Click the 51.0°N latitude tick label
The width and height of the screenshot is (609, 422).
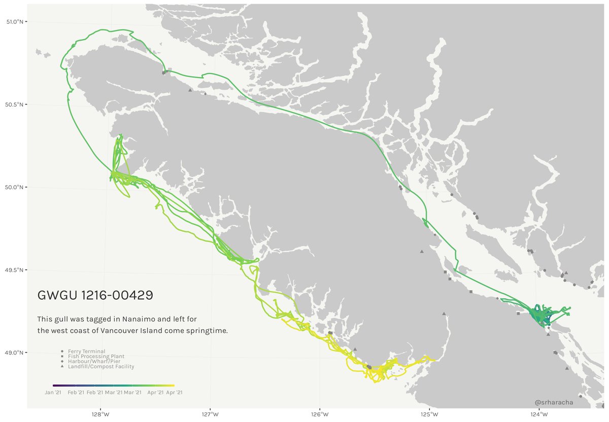pos(14,22)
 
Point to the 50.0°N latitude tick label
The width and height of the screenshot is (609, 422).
pos(14,187)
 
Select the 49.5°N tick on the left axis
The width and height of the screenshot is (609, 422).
pos(14,270)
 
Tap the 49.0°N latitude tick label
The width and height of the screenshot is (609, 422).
pos(14,353)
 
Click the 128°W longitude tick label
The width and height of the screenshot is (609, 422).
pos(100,414)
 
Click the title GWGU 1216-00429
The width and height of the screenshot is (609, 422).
pos(95,295)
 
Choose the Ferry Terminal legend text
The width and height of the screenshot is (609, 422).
pos(87,351)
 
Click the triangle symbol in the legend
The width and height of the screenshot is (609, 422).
pos(62,366)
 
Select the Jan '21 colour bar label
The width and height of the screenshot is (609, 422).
pos(53,392)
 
